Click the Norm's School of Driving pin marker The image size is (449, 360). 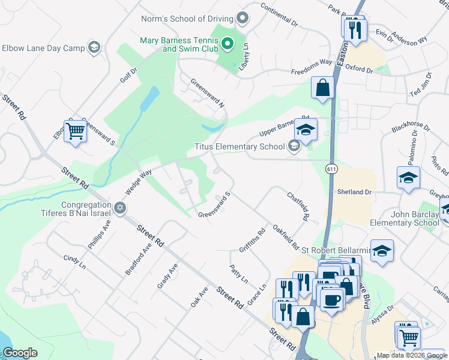tap(243, 19)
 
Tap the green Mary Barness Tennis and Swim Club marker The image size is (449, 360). tap(228, 43)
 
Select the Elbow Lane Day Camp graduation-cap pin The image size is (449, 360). tap(94, 48)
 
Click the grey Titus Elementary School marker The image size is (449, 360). tap(294, 146)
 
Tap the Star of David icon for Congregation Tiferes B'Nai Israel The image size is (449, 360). tap(119, 208)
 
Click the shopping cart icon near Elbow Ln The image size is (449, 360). tap(75, 131)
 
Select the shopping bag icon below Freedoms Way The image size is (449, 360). tap(322, 87)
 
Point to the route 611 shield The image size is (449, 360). tap(331, 169)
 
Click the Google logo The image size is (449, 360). tap(20, 353)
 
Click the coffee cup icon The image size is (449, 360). tap(331, 299)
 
